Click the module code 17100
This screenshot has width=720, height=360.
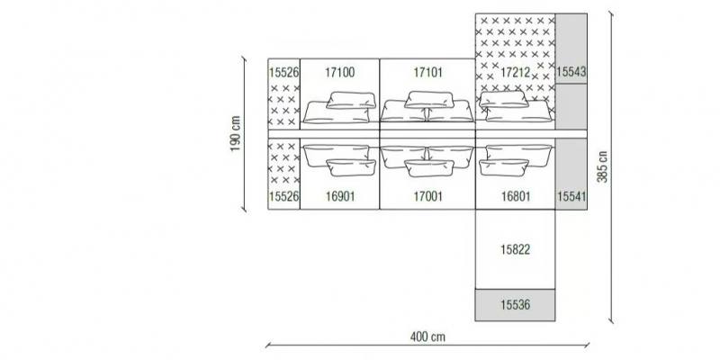point(340,72)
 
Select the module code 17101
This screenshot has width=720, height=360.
point(428,72)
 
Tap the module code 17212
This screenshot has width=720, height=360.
point(515,72)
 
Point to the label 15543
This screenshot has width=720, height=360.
point(571,72)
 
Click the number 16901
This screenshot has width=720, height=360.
point(340,196)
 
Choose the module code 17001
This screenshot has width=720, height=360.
point(428,196)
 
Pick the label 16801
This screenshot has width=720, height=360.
point(515,196)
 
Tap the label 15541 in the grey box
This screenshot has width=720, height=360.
point(571,196)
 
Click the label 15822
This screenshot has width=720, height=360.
point(515,249)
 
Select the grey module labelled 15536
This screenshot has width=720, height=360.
point(515,305)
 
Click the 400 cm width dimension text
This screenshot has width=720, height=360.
point(427,337)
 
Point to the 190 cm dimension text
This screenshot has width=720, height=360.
point(235,133)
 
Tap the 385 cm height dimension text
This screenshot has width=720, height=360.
point(602,166)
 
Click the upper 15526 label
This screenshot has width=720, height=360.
point(284,72)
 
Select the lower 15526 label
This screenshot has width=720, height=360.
point(284,196)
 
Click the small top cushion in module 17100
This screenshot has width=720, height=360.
point(351,100)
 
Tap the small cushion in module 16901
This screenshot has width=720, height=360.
point(351,168)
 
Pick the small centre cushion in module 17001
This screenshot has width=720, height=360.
point(429,168)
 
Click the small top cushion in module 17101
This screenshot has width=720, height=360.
point(429,100)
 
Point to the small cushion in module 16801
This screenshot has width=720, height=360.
point(504,167)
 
